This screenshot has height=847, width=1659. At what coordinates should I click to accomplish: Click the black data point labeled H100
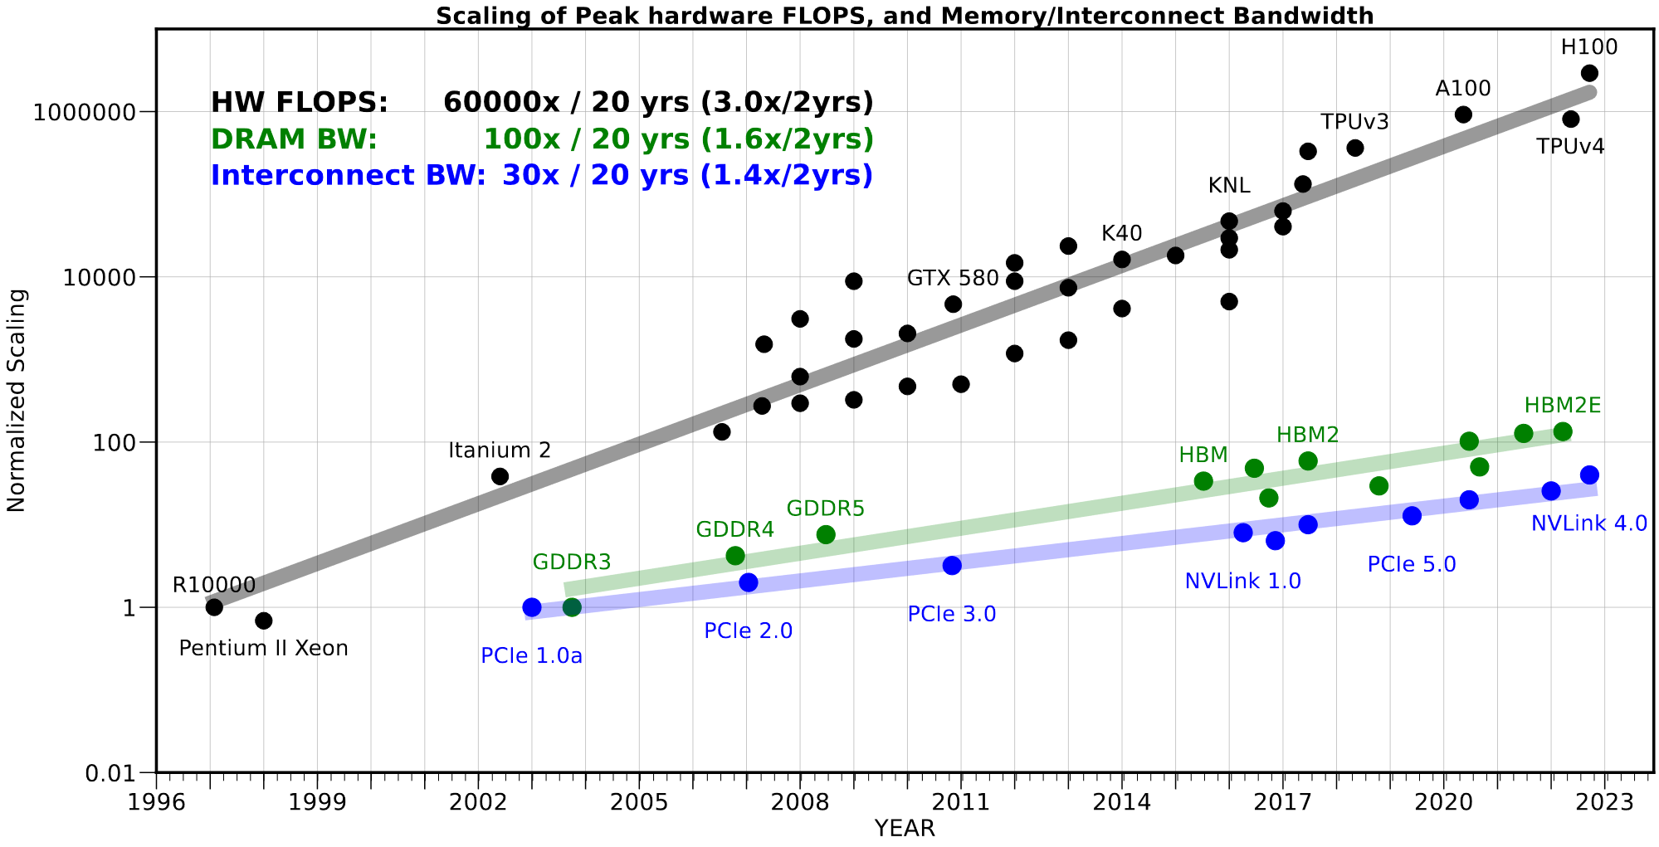1589,73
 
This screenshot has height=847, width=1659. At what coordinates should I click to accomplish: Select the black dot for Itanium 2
500,476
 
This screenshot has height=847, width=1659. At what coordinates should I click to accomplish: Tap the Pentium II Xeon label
263,648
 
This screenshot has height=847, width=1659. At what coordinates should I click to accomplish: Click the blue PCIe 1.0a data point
532,607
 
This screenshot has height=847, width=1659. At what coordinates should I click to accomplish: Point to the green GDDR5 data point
826,534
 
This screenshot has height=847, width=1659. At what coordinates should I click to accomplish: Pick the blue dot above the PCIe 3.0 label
952,565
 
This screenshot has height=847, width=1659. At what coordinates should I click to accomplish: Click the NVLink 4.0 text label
1588,523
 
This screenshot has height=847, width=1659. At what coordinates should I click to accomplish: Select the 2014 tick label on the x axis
1121,803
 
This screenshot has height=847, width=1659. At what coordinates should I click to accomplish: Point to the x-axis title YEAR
905,828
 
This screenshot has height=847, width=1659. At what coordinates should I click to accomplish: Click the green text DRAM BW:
294,139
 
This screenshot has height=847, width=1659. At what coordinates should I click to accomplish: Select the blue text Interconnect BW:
348,176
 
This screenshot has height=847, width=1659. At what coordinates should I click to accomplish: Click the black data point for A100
1463,114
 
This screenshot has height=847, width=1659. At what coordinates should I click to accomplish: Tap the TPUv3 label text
1354,122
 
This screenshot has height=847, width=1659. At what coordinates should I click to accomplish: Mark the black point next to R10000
214,607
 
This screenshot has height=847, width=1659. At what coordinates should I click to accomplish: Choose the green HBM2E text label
1562,406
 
